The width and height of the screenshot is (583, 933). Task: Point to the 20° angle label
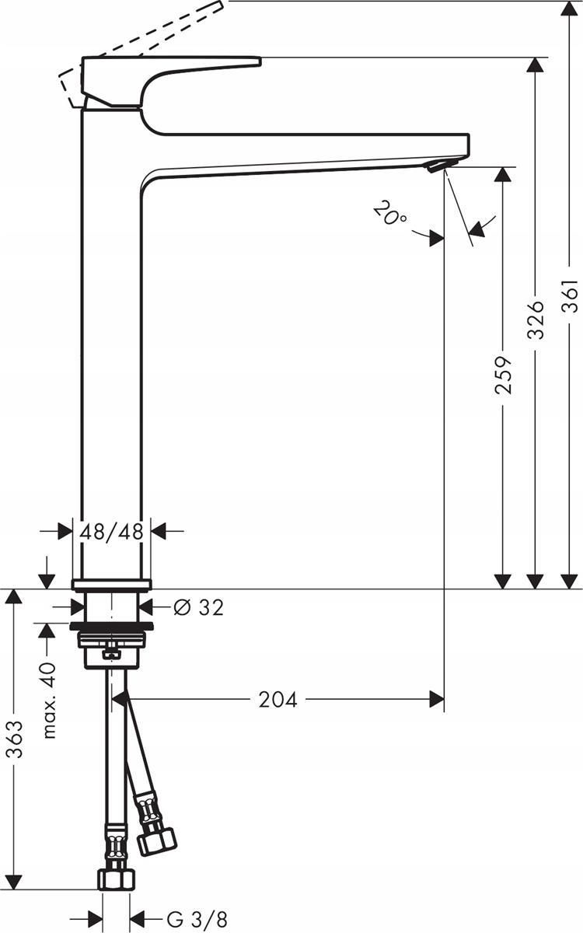pos(389,212)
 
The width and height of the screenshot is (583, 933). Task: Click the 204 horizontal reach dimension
pos(278,700)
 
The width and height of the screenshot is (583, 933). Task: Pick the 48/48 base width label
pos(112,532)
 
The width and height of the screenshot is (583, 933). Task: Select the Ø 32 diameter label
pos(198,607)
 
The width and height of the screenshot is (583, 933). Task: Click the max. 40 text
pos(49,700)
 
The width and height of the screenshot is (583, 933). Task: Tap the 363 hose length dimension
pos(13,739)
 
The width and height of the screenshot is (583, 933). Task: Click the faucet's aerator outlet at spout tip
pos(440,165)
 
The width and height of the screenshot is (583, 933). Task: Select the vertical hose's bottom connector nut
pos(115,879)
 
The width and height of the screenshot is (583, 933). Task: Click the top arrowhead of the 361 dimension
pos(571,9)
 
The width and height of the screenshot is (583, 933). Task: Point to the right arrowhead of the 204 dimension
pos(437,700)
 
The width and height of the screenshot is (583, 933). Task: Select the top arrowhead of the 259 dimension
pos(504,176)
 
